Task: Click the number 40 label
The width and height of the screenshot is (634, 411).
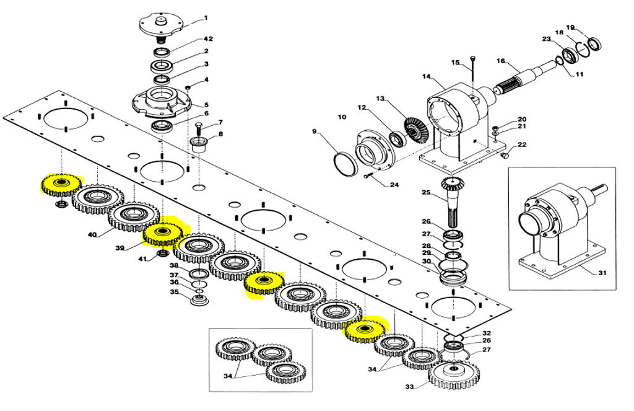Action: [x=92, y=235]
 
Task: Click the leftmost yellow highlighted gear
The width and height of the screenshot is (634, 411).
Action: [x=61, y=184]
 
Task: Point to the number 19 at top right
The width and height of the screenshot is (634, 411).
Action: [x=571, y=27]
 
